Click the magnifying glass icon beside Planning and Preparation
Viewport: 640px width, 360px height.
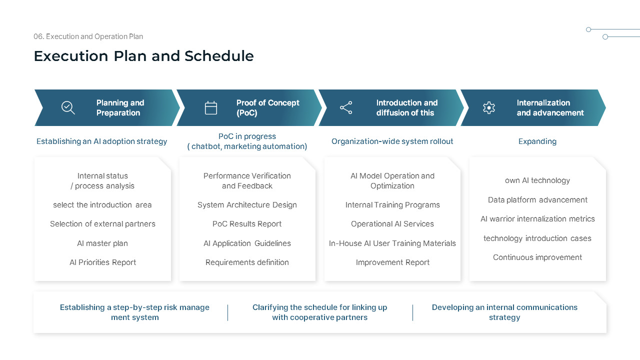(x=68, y=107)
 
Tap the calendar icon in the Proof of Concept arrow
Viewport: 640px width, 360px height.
(x=211, y=107)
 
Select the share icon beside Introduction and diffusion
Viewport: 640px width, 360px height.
(x=346, y=107)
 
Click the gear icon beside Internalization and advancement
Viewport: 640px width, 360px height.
(x=488, y=107)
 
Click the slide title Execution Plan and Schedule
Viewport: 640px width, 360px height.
(x=143, y=56)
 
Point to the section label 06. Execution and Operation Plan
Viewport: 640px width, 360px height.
(x=88, y=36)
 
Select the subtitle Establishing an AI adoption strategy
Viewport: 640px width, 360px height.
(x=101, y=141)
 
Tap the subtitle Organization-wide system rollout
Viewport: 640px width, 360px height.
(x=392, y=141)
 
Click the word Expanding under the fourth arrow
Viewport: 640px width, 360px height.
(x=537, y=141)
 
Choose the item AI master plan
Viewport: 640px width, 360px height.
(x=102, y=243)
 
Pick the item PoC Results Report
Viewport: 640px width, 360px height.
(x=247, y=224)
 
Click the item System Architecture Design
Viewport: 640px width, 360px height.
(x=247, y=205)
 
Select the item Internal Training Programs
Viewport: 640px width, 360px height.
(x=392, y=205)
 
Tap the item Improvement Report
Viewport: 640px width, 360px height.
(x=392, y=262)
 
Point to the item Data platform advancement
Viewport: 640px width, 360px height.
(x=537, y=200)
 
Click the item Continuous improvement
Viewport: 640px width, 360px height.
(x=537, y=257)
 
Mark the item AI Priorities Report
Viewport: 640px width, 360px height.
(x=102, y=262)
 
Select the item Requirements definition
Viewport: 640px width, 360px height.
(x=247, y=262)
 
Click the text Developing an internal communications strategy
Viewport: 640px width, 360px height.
(x=504, y=312)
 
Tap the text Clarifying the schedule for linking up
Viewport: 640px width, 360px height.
(x=319, y=307)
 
